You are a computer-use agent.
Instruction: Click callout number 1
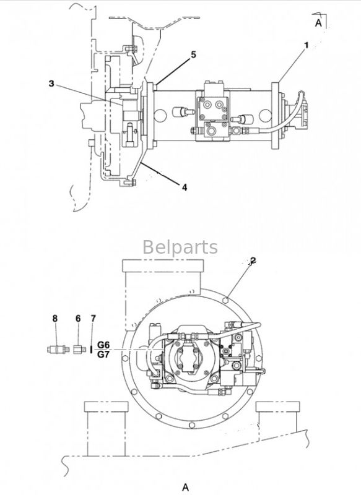(306, 45)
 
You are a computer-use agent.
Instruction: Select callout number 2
(253, 260)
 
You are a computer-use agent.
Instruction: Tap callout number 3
(51, 84)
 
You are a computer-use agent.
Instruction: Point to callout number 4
(185, 187)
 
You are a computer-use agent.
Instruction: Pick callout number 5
(193, 54)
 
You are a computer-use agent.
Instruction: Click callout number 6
(78, 319)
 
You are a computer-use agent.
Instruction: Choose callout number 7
(93, 319)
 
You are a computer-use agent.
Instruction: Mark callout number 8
(55, 319)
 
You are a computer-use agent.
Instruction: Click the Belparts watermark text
(180, 247)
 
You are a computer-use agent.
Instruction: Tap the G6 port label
(103, 345)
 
